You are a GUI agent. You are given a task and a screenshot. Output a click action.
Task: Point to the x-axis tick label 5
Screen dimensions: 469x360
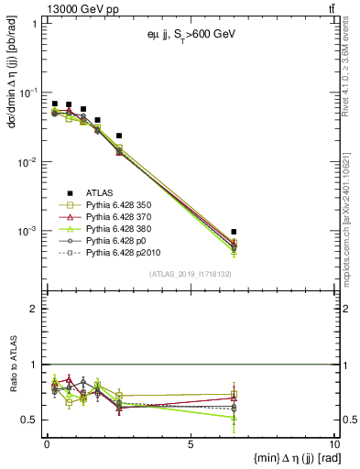coord(191,443)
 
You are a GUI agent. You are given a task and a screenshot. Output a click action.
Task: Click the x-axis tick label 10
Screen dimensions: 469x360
coord(333,443)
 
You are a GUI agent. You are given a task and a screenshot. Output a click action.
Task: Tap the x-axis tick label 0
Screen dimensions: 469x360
coord(47,443)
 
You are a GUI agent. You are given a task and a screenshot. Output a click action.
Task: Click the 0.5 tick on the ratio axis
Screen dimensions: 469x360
coord(34,420)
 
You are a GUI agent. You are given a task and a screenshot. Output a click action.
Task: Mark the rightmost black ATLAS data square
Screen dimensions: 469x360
coord(235,232)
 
